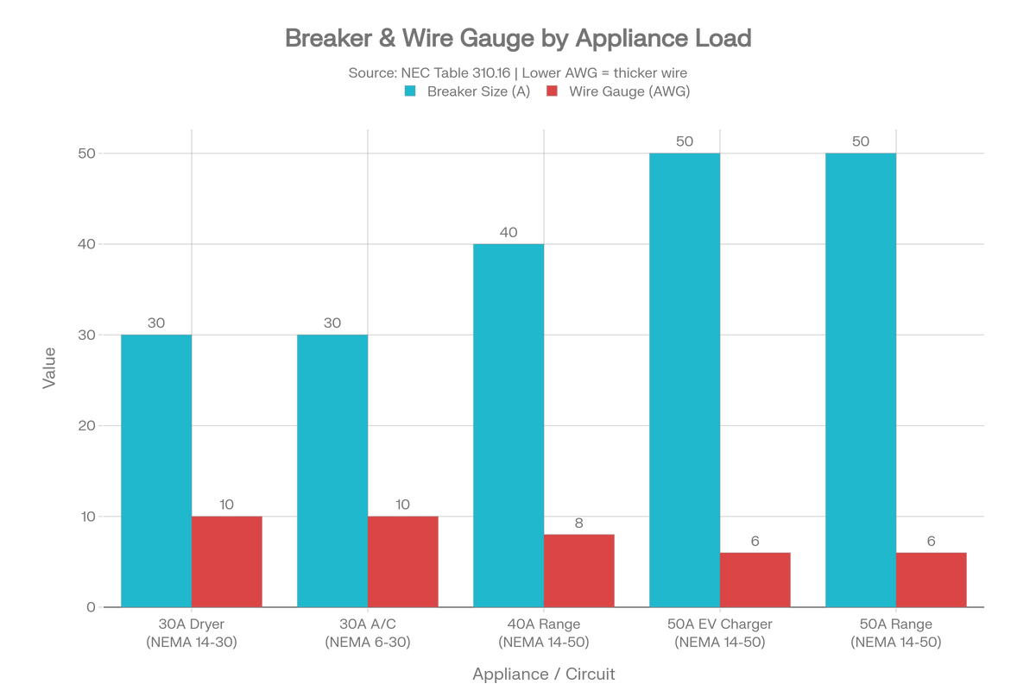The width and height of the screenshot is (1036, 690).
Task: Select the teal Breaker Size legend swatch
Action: (410, 91)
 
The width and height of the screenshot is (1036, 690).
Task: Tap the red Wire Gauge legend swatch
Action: (552, 91)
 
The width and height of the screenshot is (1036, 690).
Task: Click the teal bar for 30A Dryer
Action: (156, 470)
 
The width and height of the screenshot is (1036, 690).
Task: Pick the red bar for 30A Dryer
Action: (226, 561)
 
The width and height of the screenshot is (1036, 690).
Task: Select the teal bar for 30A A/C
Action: (332, 470)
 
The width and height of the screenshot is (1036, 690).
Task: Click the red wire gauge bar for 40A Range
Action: (579, 571)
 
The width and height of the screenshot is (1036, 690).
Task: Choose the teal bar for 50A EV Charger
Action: (685, 379)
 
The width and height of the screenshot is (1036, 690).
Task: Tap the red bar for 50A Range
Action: (932, 580)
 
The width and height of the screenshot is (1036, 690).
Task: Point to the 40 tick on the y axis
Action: (86, 244)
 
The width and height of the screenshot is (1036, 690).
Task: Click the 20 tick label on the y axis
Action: (86, 426)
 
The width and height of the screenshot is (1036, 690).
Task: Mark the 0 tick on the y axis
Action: (92, 607)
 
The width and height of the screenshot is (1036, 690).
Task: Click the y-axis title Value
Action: (49, 368)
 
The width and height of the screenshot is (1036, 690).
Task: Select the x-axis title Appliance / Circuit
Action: (543, 674)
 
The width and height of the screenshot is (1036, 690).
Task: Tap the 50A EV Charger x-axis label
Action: (720, 633)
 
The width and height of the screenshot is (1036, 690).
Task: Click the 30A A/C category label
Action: (368, 633)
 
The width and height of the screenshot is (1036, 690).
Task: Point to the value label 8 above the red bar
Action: (579, 524)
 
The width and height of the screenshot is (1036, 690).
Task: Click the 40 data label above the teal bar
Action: (509, 233)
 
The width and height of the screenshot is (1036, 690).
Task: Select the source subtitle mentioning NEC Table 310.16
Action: (517, 73)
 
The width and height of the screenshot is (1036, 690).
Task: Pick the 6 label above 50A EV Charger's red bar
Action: (755, 541)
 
